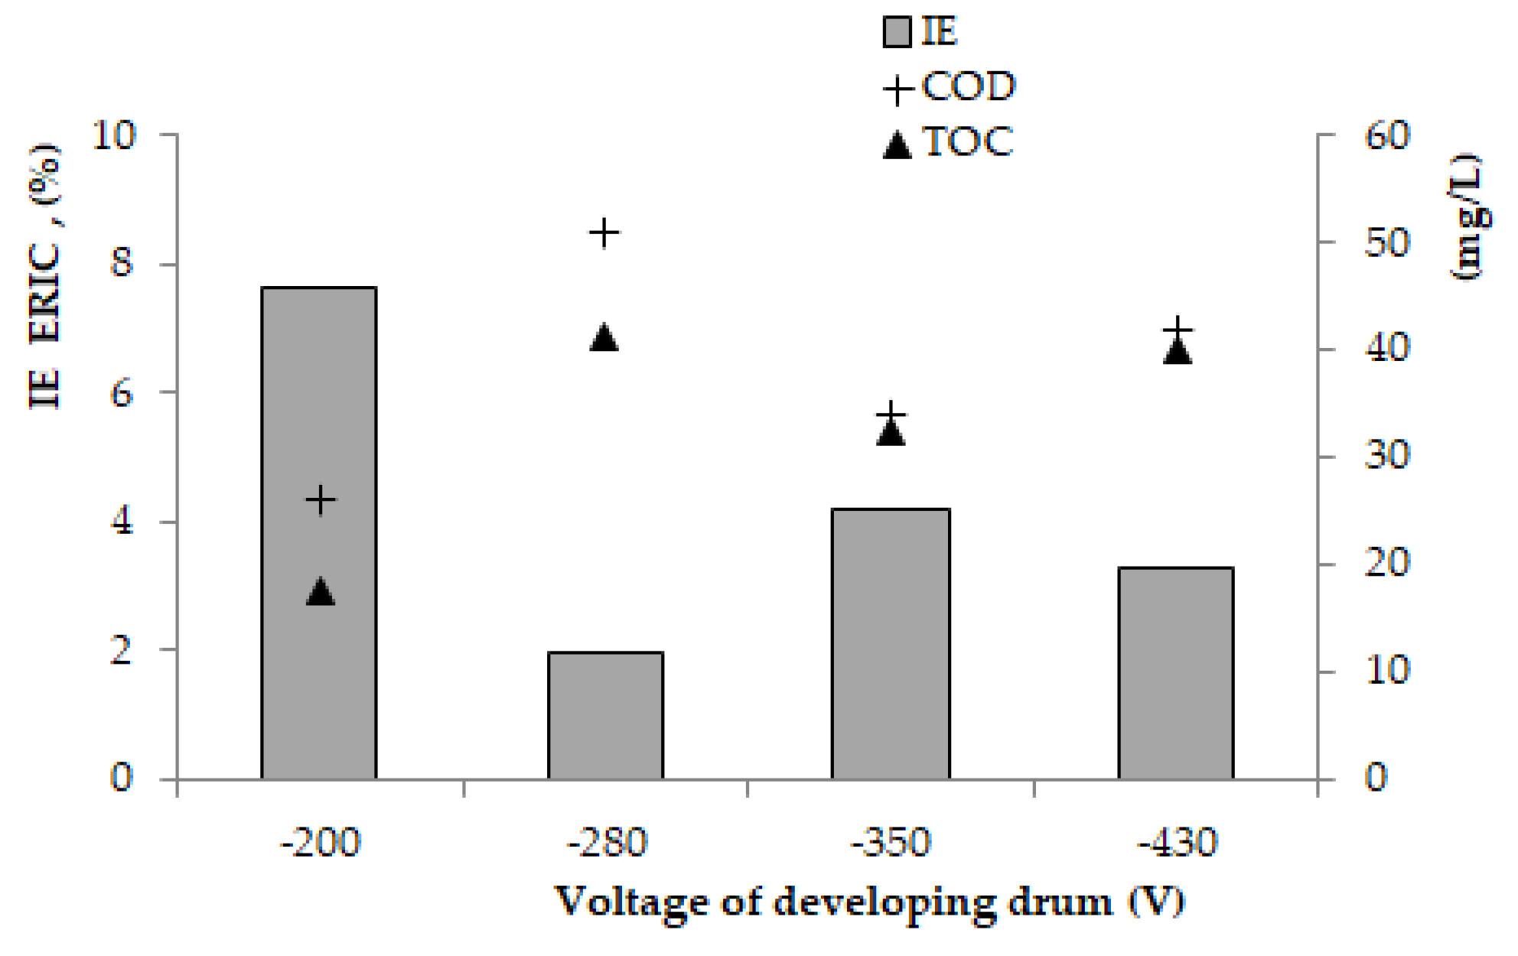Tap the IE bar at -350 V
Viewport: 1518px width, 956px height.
tap(891, 644)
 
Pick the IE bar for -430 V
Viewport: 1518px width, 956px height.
tap(1176, 673)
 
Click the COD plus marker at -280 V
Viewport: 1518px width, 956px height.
tap(604, 232)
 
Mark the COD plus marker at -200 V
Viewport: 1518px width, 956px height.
tap(321, 500)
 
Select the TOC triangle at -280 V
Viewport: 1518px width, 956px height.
tap(604, 338)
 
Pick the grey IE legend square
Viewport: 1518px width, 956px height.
tap(897, 32)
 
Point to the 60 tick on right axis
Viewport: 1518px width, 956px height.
tap(1386, 135)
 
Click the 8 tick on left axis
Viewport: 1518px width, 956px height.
tap(122, 263)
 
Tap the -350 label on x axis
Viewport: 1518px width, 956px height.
tap(891, 843)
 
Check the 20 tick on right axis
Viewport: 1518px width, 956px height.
tap(1386, 564)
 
